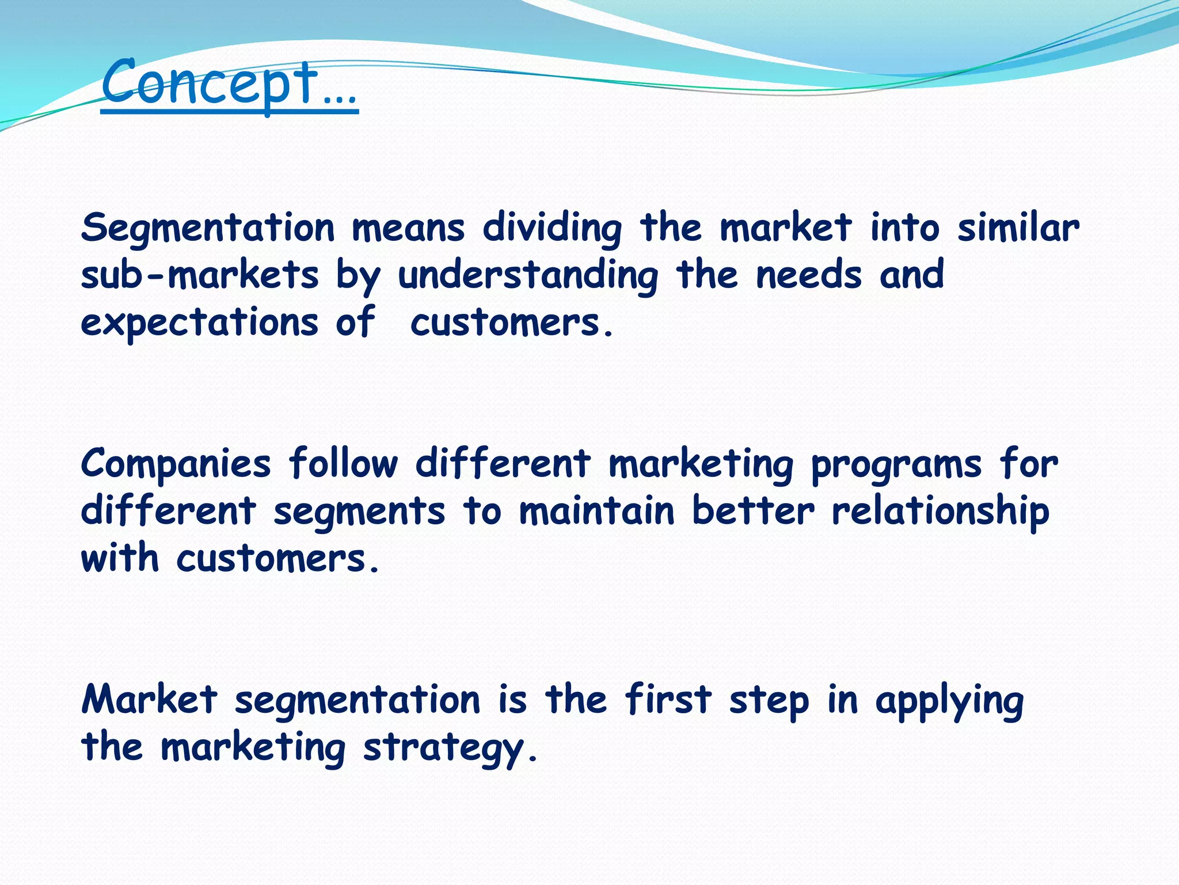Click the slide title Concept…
click(229, 84)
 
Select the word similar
click(1018, 228)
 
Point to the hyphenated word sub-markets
click(199, 275)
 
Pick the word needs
click(809, 275)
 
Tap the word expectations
click(199, 323)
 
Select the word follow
click(343, 463)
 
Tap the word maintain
click(596, 511)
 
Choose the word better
click(753, 511)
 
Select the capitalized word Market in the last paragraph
click(150, 699)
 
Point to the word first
click(668, 699)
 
